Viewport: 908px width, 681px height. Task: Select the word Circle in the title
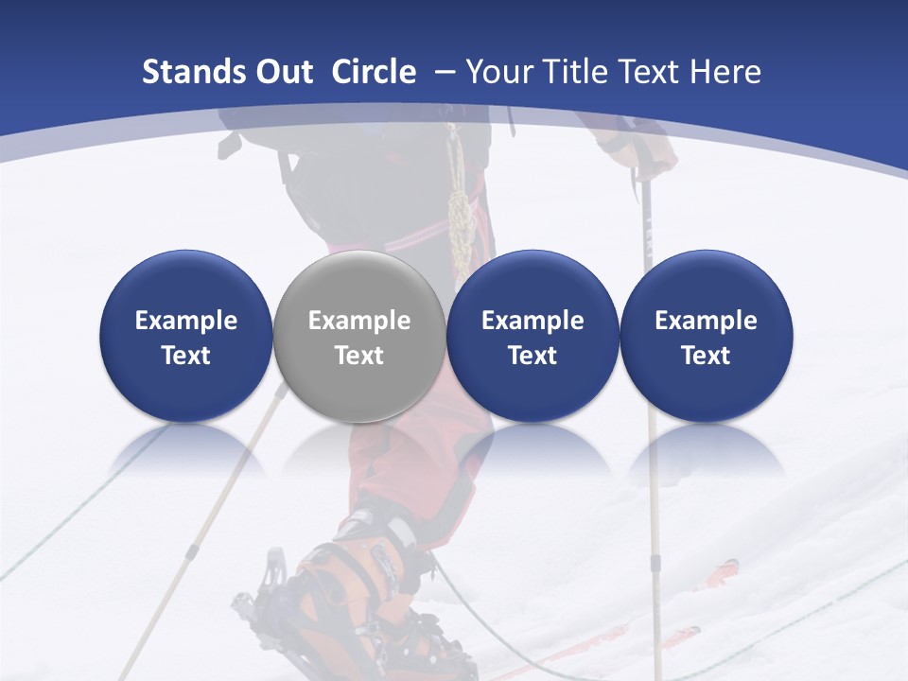coord(374,72)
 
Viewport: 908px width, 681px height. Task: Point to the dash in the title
coord(441,72)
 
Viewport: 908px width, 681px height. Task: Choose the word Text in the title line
coord(651,72)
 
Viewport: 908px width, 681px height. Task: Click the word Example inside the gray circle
coord(358,321)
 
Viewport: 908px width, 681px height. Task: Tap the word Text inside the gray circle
coord(358,356)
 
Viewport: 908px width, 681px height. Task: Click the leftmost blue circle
coord(185,336)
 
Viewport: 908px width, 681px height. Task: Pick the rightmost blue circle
coord(706,336)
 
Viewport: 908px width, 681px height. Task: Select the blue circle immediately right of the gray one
coord(533,336)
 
